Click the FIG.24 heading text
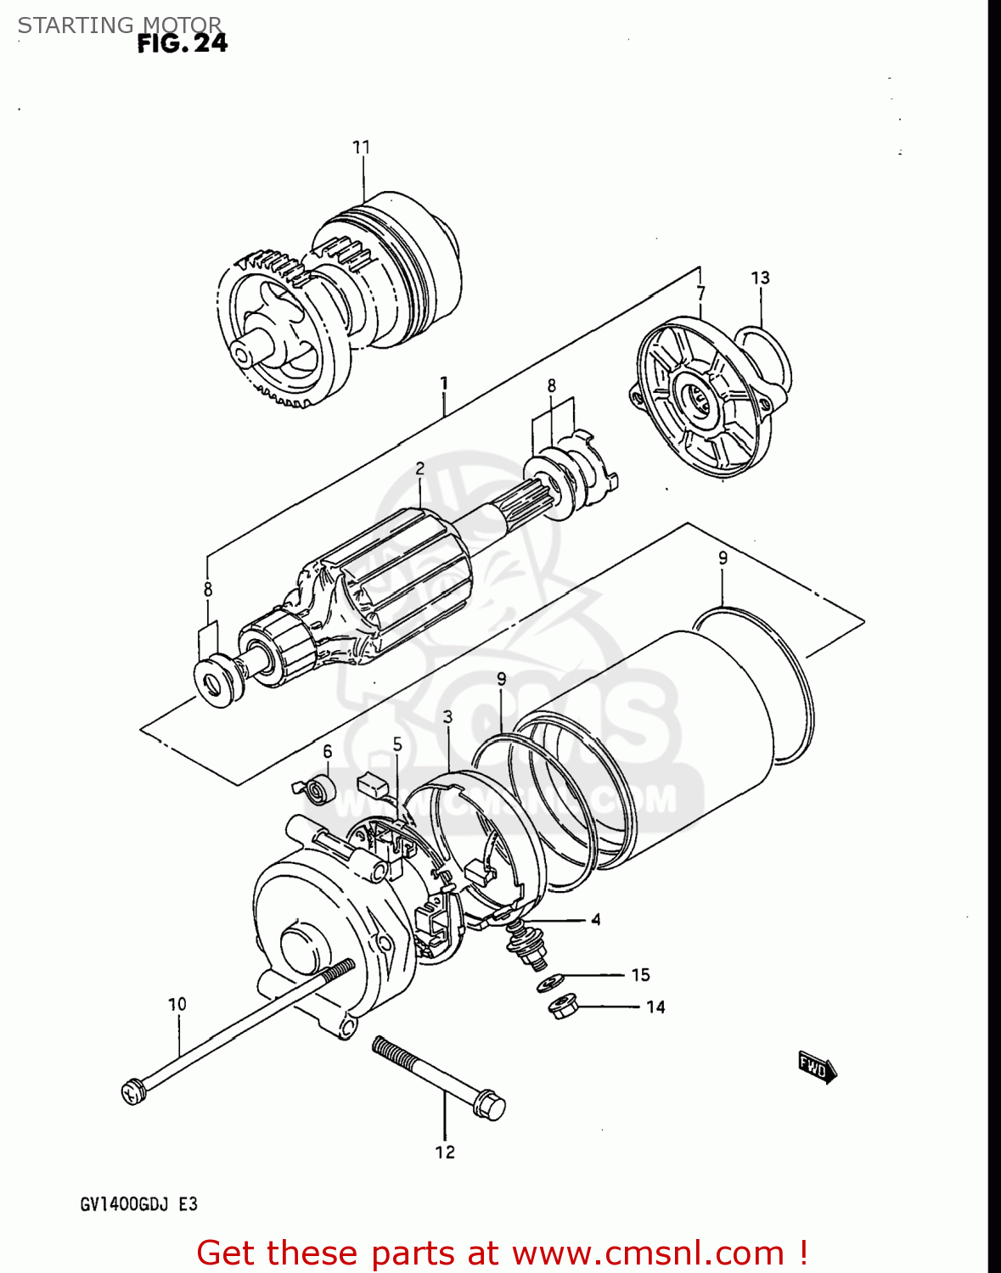[x=183, y=43]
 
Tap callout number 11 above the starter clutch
[x=362, y=148]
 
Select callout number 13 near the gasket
[x=760, y=278]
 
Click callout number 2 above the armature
[x=419, y=468]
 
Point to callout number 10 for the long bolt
[x=177, y=1004]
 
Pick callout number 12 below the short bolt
[x=445, y=1152]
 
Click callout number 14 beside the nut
[x=655, y=1007]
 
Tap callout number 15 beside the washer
[x=640, y=975]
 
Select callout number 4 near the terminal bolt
[x=596, y=920]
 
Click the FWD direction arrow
[x=817, y=1068]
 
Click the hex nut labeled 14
[x=563, y=1008]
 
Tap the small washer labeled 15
[x=551, y=983]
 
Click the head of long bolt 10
[x=133, y=1092]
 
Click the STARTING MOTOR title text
[x=120, y=25]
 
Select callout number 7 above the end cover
[x=700, y=294]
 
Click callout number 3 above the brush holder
[x=447, y=717]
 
